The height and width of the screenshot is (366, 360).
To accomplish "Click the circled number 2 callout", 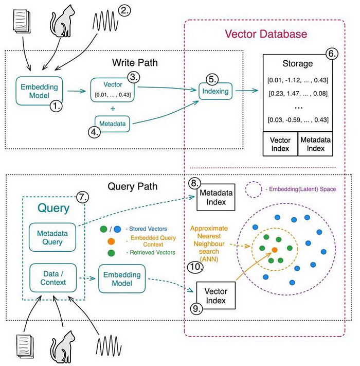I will point(124,10).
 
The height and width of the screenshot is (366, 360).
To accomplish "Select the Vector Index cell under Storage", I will point(280,144).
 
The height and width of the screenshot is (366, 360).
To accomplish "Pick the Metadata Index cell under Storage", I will point(315,144).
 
